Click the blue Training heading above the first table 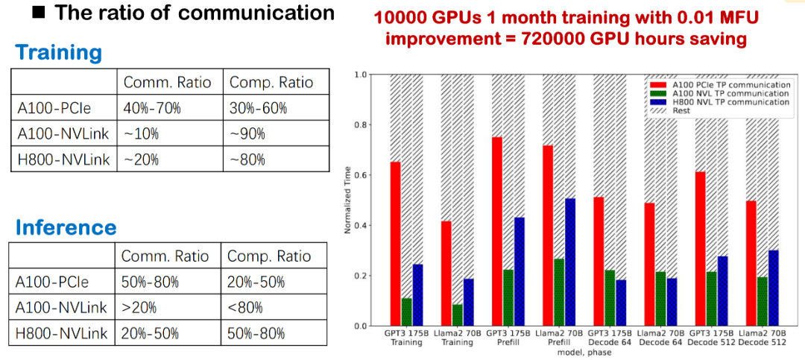click(58, 53)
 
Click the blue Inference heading click(66, 227)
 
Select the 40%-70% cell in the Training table click(152, 107)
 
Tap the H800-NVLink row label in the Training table click(63, 159)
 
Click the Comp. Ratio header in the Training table click(271, 82)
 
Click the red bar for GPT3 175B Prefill click(496, 232)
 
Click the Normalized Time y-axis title click(348, 200)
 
